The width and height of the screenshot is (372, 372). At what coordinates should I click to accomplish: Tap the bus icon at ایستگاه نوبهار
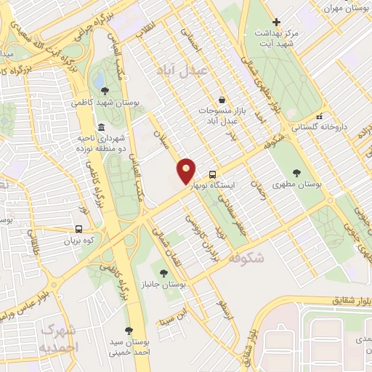tap(212, 174)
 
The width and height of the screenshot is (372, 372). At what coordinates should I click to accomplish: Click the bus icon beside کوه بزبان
tap(78, 228)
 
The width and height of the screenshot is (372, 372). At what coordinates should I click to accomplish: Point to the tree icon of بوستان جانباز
tap(163, 272)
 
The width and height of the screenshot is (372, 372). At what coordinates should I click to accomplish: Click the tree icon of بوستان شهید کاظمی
tap(106, 91)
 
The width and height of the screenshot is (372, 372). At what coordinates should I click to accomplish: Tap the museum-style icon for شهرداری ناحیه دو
tap(100, 126)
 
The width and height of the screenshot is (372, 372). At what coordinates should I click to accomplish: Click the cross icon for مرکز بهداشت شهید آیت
tap(275, 23)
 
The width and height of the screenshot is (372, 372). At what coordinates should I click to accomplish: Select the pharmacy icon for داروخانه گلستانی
tap(319, 116)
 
